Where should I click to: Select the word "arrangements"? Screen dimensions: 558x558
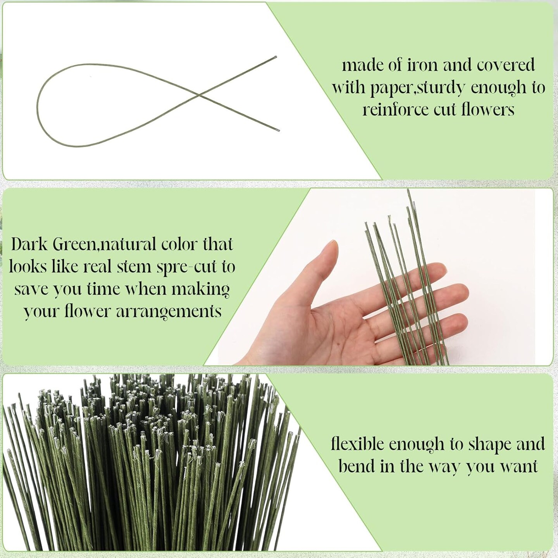(x=169, y=312)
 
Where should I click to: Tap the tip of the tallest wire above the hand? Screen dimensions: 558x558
(x=408, y=190)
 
